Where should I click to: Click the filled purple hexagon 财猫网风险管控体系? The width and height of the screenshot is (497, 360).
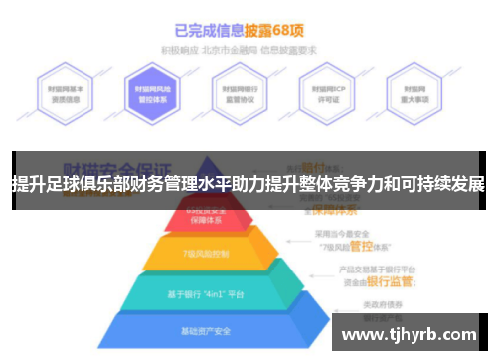pyautogui.click(x=156, y=94)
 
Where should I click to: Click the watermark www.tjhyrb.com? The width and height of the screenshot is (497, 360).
pyautogui.click(x=410, y=333)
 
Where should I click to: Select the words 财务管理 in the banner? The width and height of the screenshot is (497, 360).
pyautogui.click(x=174, y=184)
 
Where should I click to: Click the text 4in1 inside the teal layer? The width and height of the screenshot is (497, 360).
pyautogui.click(x=216, y=292)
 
